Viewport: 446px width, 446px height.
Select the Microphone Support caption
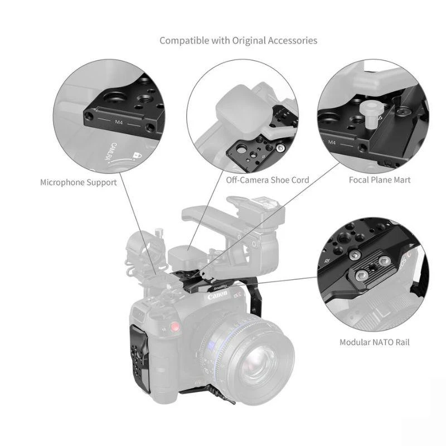[x=79, y=182]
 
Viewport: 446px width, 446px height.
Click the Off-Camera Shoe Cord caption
[x=268, y=180]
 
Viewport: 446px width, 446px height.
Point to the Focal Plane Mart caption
[x=380, y=180]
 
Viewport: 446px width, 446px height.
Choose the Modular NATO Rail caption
[x=375, y=342]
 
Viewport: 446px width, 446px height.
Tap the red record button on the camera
[x=176, y=327]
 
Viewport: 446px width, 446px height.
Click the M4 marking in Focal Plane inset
[x=332, y=142]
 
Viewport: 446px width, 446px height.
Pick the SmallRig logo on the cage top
[x=220, y=288]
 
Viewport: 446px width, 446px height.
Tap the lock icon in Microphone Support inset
[x=134, y=156]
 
